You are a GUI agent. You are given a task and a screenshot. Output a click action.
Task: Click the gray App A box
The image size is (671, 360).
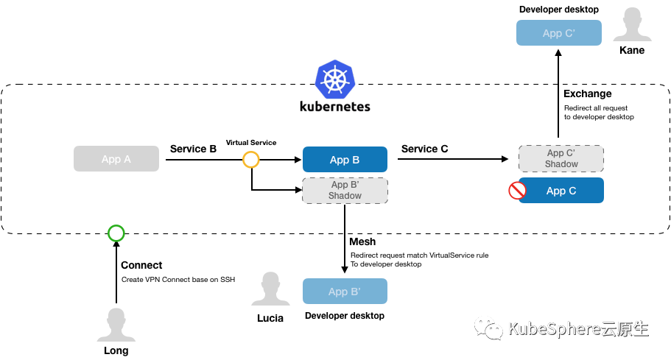(116, 159)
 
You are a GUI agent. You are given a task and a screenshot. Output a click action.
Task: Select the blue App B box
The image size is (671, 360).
(345, 160)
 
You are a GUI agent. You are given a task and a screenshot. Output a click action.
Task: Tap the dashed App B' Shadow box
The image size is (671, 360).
(345, 191)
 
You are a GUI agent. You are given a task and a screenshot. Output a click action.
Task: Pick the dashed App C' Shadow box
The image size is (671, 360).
(561, 159)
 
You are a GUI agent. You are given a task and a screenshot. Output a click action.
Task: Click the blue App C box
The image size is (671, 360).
(561, 191)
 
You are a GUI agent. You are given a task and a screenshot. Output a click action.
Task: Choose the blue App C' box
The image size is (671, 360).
(558, 33)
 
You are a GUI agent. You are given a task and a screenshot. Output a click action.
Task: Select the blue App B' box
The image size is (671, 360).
(345, 292)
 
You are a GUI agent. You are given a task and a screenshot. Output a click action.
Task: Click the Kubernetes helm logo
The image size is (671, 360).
(335, 80)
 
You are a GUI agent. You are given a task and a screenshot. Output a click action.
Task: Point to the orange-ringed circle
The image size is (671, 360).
(251, 160)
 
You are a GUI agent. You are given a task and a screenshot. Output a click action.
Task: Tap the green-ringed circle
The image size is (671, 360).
(116, 233)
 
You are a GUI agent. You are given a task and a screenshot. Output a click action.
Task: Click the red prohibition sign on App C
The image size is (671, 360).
(517, 191)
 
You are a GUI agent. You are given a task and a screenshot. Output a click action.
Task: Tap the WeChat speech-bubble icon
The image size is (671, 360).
(488, 328)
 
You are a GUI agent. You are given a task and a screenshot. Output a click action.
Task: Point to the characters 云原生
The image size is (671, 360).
(625, 328)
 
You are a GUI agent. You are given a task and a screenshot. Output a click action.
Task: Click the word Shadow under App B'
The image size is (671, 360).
(345, 196)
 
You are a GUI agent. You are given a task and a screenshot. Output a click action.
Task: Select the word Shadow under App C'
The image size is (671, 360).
(561, 164)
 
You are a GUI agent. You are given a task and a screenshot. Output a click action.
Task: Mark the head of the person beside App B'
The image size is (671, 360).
(270, 282)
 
